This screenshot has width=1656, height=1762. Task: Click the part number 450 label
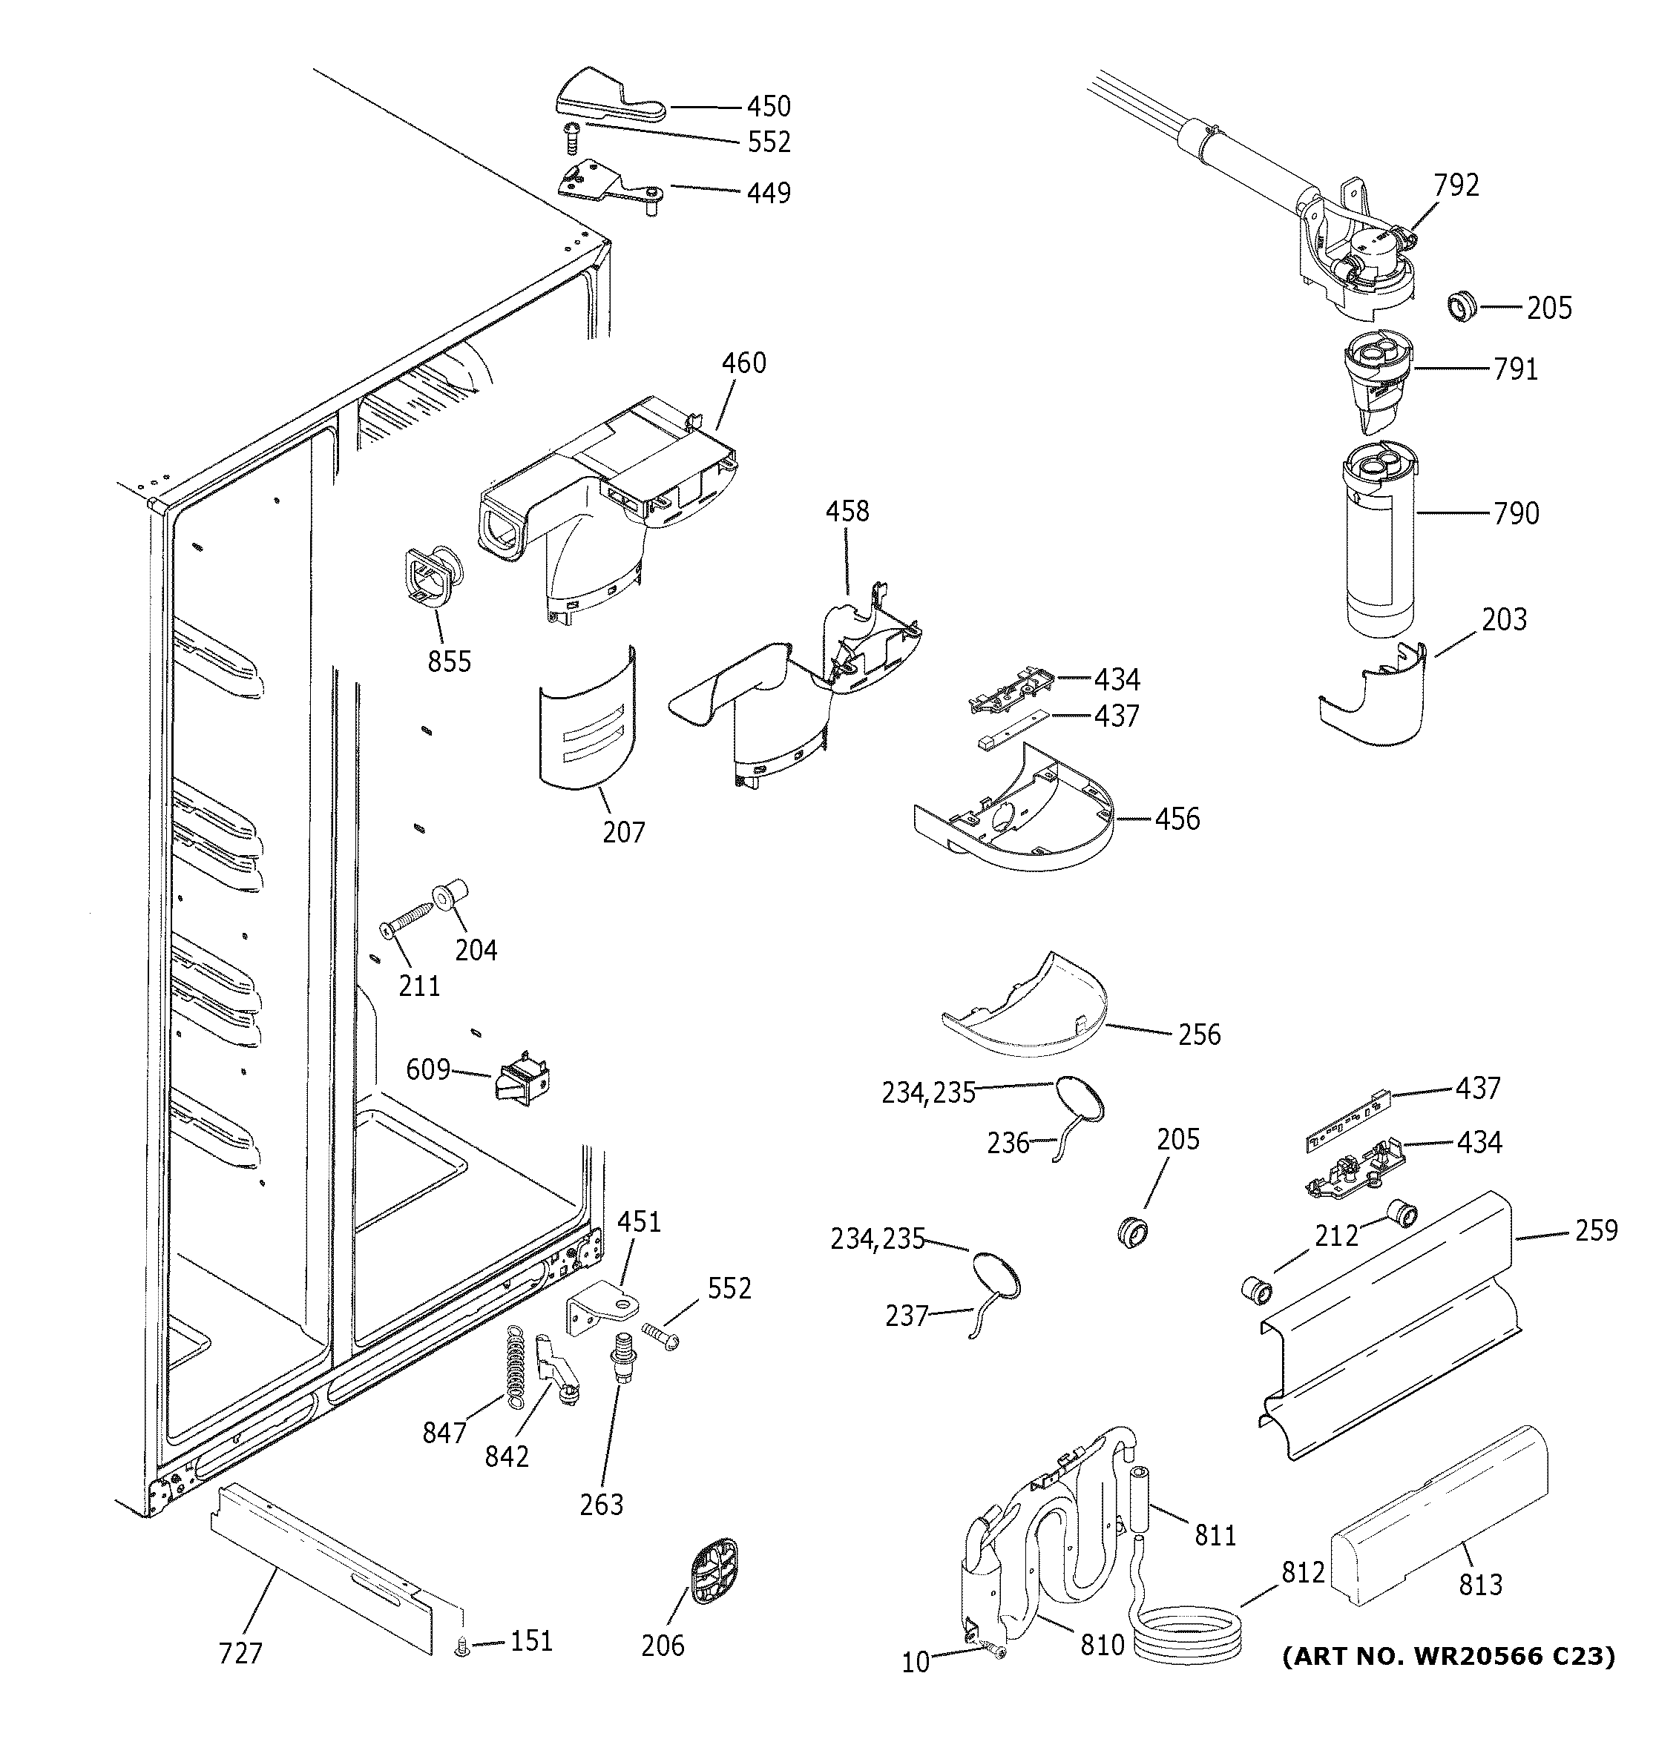tap(768, 106)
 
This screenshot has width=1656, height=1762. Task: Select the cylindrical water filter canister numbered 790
tap(1379, 550)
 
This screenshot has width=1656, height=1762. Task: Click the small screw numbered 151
tap(461, 1649)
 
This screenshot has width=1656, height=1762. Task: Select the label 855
tap(450, 661)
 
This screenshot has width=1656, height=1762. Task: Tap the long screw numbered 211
tap(409, 917)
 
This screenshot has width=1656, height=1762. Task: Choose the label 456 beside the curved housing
tap(1177, 818)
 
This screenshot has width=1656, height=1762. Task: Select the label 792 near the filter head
tap(1456, 185)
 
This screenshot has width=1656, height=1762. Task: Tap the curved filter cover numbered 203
tap(1374, 700)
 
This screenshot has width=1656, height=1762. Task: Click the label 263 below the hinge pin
tap(602, 1504)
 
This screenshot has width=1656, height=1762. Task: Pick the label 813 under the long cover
tap(1480, 1584)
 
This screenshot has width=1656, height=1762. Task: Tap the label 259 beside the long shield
tap(1596, 1230)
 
